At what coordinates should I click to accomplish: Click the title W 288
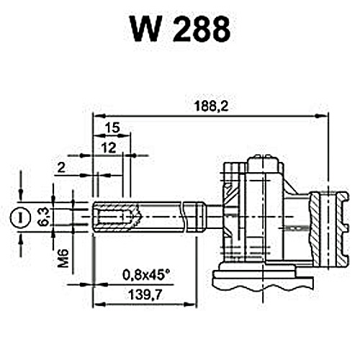pos(181,30)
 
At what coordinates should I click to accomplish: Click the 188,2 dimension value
pos(211,106)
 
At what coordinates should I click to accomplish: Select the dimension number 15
pos(112,127)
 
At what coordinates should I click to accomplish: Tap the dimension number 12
pos(109,148)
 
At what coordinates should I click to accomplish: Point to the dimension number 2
pos(61,168)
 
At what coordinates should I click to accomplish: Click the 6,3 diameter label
pos(44,217)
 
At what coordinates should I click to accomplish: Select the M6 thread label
pos(63,258)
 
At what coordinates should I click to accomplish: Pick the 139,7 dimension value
pos(145,294)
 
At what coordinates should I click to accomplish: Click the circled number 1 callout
pos(20,218)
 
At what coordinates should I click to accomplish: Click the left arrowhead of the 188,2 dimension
pos(99,116)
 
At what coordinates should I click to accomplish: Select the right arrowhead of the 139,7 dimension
pos(190,305)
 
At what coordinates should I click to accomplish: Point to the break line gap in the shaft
pos(184,217)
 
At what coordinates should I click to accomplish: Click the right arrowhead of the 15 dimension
pos(125,136)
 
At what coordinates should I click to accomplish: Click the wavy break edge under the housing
pos(264,288)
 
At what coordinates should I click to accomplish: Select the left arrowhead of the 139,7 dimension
pos(99,305)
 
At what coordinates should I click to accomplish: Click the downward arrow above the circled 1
pos(21,194)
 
